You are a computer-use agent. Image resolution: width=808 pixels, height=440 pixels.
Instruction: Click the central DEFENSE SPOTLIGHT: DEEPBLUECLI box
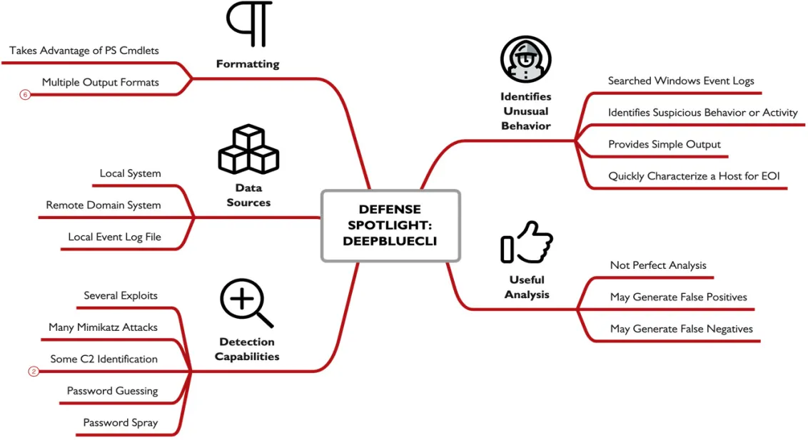(390, 225)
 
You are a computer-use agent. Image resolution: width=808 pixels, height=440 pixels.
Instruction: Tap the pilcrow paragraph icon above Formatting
(249, 24)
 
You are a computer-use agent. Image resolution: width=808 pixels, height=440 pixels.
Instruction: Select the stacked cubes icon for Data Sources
(249, 149)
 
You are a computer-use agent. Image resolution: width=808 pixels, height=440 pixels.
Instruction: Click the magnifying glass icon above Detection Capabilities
(246, 303)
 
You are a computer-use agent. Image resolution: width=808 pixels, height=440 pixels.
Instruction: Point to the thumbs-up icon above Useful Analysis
(527, 242)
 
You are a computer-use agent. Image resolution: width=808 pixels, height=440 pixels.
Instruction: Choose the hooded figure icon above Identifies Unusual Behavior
(525, 59)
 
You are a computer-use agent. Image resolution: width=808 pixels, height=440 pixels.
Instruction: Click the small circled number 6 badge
(25, 95)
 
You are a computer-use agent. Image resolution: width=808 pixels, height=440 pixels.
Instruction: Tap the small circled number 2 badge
(34, 372)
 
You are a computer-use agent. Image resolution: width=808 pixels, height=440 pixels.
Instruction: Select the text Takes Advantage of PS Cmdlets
(84, 51)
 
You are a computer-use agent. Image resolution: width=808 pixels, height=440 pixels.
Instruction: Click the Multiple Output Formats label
(101, 82)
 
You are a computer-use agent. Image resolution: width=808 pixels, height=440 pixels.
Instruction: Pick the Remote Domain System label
(103, 205)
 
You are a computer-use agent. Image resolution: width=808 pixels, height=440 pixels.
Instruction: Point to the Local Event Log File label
(114, 237)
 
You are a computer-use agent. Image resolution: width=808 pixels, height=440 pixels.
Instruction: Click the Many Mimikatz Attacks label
(103, 327)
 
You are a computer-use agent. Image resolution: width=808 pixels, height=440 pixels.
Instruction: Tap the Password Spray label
(121, 422)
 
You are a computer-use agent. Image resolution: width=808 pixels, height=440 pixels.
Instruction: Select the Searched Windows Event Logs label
(681, 81)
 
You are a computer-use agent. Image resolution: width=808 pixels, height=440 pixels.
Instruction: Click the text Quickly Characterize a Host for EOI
(694, 176)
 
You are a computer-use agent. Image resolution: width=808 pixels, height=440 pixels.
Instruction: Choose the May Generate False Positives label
(679, 297)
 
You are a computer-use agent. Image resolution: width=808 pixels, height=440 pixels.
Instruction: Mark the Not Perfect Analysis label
(658, 265)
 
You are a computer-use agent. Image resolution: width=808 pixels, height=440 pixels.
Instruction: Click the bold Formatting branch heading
(248, 63)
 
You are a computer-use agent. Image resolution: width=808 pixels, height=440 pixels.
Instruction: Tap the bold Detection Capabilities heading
(247, 349)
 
